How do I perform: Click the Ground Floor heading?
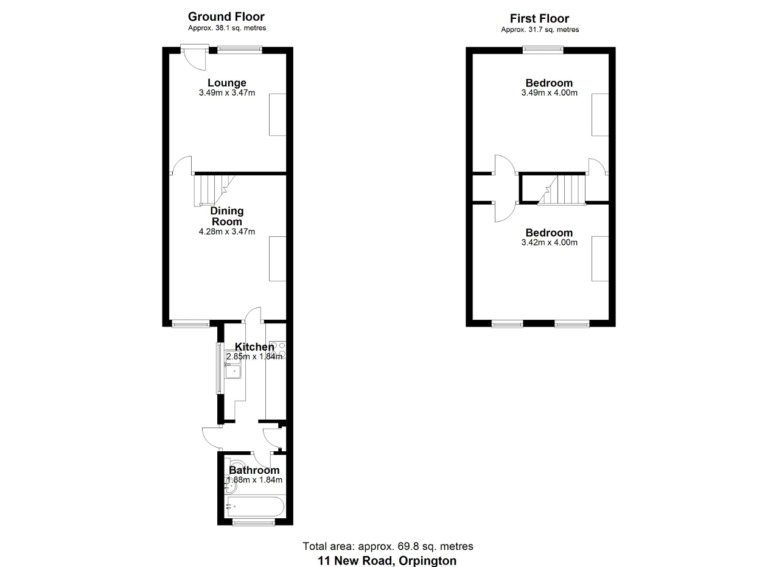(226, 16)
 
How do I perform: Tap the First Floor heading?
(539, 18)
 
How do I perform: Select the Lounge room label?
(227, 83)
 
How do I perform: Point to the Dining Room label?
(227, 216)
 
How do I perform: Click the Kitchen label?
(254, 347)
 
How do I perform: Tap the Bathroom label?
(254, 470)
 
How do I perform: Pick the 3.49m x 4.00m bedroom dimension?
(549, 93)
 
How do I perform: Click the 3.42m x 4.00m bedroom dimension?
(549, 242)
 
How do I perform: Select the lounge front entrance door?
(194, 57)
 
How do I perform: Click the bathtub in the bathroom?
(256, 507)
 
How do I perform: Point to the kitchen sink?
(233, 371)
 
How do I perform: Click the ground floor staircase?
(214, 191)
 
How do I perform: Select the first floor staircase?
(562, 191)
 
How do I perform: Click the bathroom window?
(253, 522)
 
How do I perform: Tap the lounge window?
(240, 50)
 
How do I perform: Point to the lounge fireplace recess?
(278, 114)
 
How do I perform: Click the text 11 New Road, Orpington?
(387, 561)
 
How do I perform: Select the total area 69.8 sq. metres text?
(388, 546)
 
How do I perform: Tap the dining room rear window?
(190, 324)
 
